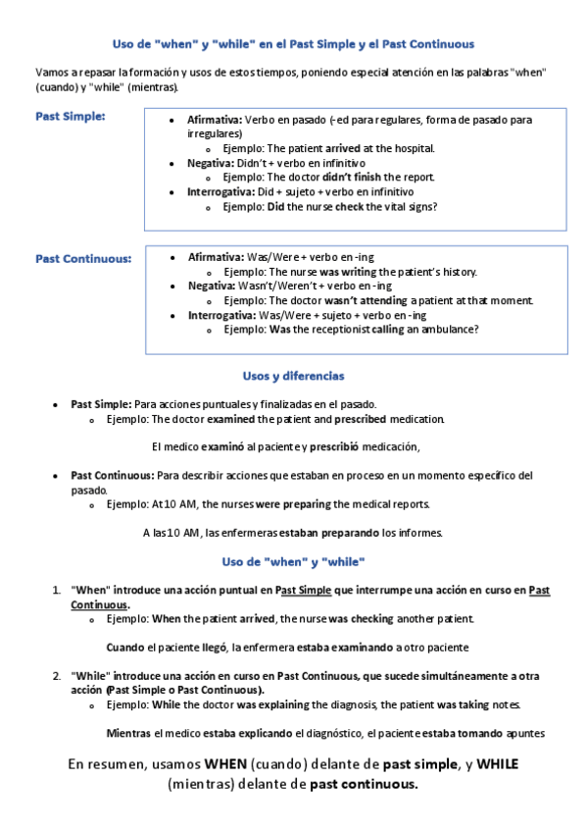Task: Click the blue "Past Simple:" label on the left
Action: pos(71,117)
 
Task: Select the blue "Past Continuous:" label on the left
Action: pos(83,259)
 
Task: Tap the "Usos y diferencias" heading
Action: pos(293,376)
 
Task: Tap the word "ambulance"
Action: pos(449,330)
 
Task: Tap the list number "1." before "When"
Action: pos(57,591)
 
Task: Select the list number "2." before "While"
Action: pos(57,677)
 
